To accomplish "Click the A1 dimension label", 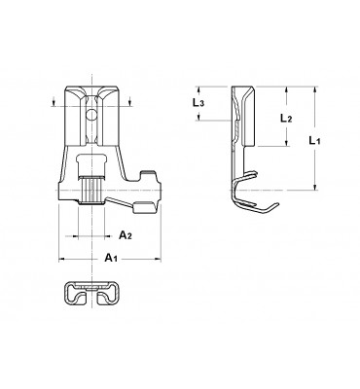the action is coord(111,258).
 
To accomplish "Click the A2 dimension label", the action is coord(126,235).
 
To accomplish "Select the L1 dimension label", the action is coord(314,140).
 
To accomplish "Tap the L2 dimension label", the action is coord(286,119).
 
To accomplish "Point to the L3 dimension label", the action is coord(198,103).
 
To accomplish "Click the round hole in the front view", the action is coord(92,115).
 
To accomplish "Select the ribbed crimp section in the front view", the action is coord(91,191).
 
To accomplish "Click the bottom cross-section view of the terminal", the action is coord(92,293).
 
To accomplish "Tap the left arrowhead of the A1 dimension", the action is coord(61,259).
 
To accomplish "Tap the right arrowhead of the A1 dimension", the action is coord(158,259).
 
